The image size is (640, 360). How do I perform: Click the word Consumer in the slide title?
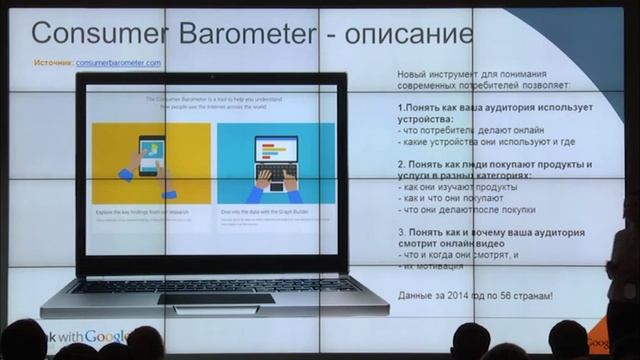pyautogui.click(x=91, y=33)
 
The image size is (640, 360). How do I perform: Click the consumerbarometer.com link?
pyautogui.click(x=118, y=63)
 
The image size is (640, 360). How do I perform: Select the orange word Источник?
pyautogui.click(x=52, y=63)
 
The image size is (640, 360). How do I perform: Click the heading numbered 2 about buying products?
pyautogui.click(x=494, y=170)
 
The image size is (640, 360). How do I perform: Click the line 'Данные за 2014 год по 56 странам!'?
pyautogui.click(x=474, y=297)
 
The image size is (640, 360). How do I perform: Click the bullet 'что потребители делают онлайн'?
pyautogui.click(x=461, y=132)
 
